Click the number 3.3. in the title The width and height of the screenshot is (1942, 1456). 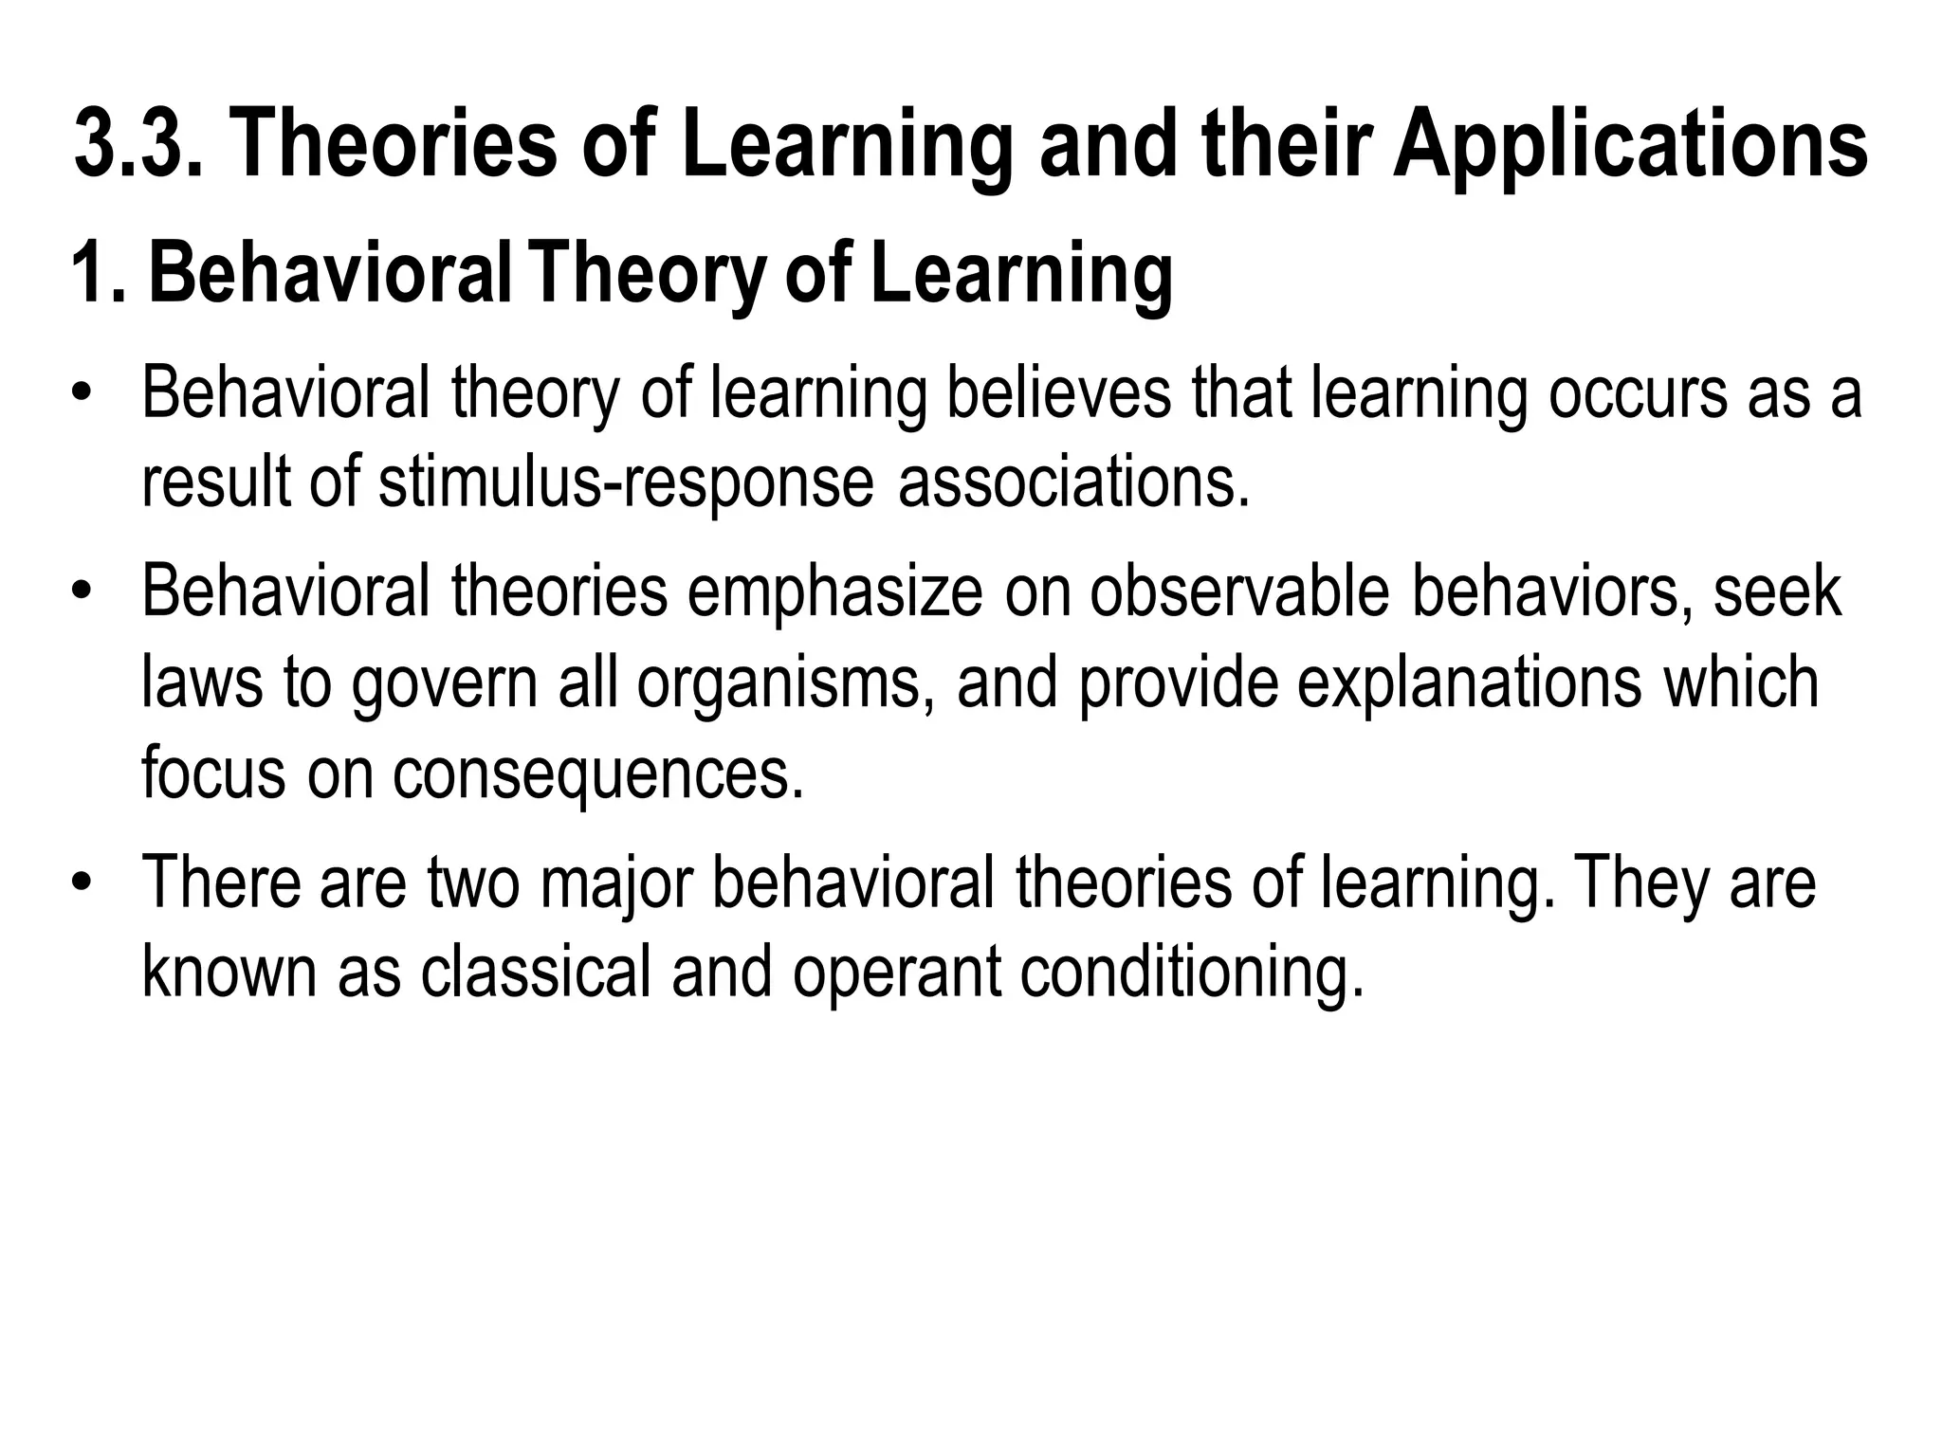point(138,143)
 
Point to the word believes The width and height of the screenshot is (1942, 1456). point(1059,393)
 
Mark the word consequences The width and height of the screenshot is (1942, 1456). point(598,773)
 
